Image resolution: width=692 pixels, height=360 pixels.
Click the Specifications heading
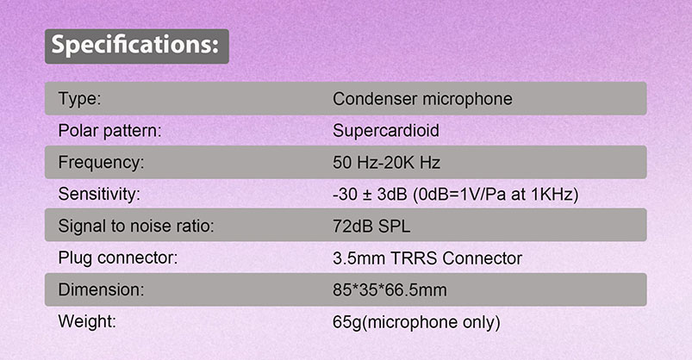pos(136,45)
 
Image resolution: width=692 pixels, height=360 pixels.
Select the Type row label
pos(80,99)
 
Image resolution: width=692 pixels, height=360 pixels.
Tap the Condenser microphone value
pos(422,99)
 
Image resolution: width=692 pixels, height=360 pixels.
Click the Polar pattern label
pos(110,131)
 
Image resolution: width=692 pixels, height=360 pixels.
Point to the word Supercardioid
pos(385,131)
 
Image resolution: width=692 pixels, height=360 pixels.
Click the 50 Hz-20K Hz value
pos(387,163)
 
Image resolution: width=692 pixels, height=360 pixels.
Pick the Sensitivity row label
pos(98,195)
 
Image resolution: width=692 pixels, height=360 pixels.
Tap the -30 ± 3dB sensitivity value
pos(454,195)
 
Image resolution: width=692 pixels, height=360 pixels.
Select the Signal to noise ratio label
pos(135,227)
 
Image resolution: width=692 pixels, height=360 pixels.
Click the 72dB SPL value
pos(371,227)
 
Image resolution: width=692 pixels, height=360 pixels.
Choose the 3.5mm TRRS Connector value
pos(427,258)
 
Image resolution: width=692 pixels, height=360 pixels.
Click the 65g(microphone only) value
pos(416,323)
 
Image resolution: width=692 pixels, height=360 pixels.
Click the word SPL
pos(393,227)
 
